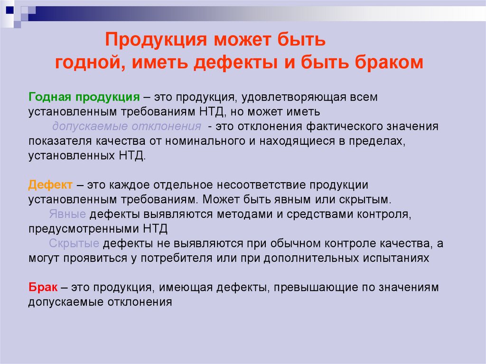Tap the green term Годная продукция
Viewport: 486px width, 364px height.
point(84,97)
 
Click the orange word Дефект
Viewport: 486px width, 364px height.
point(50,185)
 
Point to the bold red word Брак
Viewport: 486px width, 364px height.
point(43,287)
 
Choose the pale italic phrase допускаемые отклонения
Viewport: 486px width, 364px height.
point(127,127)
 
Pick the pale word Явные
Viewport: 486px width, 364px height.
point(67,214)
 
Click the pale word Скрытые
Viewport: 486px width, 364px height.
point(74,244)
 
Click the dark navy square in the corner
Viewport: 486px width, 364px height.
point(10,10)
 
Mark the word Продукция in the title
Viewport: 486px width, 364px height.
point(156,40)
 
